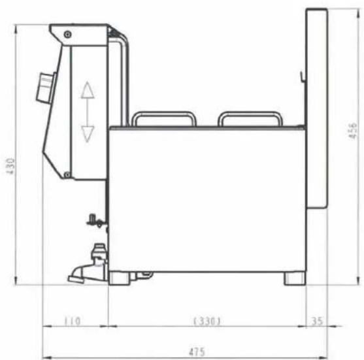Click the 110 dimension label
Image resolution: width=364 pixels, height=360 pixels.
click(x=72, y=321)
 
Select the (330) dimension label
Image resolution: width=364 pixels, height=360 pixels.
click(x=207, y=321)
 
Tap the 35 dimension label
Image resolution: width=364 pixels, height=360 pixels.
click(x=317, y=321)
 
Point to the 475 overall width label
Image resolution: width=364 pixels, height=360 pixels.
click(x=197, y=352)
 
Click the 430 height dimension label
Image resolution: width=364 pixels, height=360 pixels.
click(x=11, y=166)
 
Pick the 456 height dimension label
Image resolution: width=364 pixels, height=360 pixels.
click(x=353, y=131)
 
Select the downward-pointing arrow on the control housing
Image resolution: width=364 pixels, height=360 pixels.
click(x=88, y=134)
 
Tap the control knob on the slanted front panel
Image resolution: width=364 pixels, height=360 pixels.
click(x=46, y=88)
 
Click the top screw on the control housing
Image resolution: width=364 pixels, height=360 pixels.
click(x=67, y=35)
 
